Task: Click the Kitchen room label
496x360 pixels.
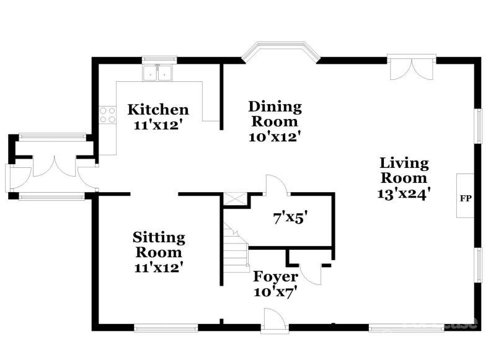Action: click(157, 110)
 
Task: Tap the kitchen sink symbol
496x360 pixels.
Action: click(157, 74)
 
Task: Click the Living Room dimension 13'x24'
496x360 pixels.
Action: click(404, 193)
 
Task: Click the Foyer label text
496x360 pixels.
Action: click(275, 276)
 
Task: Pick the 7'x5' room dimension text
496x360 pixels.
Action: click(291, 218)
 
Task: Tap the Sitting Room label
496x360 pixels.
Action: click(159, 245)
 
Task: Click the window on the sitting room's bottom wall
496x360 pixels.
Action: click(157, 327)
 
